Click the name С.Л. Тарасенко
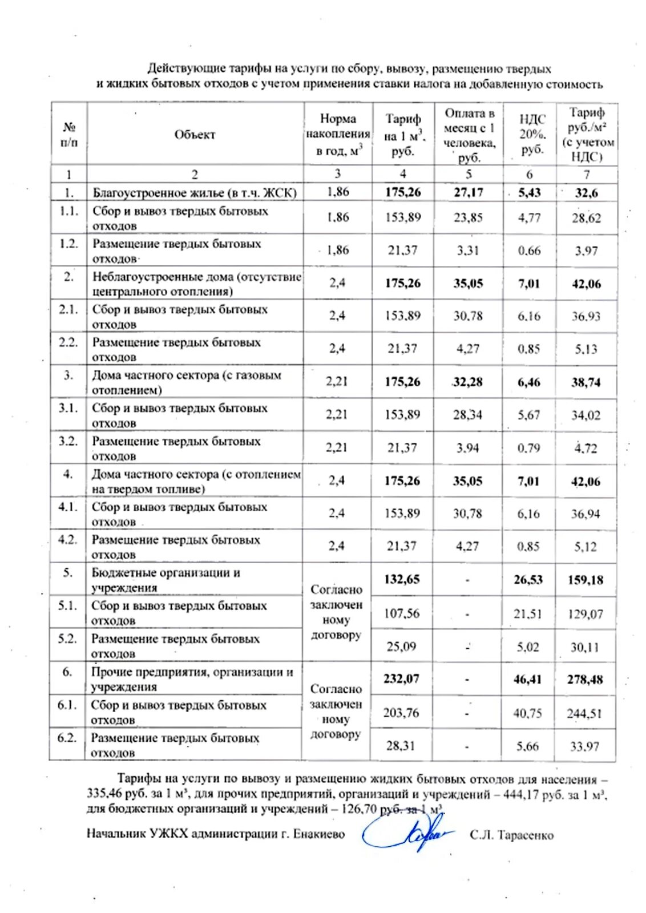click(511, 835)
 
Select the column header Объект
click(195, 135)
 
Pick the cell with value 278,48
click(585, 679)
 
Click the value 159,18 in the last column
click(586, 580)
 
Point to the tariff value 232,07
click(401, 678)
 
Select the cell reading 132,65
click(402, 579)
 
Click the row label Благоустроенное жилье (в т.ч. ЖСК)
click(195, 193)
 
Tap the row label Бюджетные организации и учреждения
click(165, 580)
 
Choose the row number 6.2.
click(67, 738)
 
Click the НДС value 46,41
click(527, 679)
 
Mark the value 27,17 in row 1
click(468, 193)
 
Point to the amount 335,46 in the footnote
click(105, 794)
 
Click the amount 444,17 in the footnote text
click(522, 794)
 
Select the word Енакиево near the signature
click(319, 834)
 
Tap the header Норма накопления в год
click(338, 135)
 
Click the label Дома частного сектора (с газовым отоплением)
click(187, 382)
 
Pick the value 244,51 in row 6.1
click(584, 713)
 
